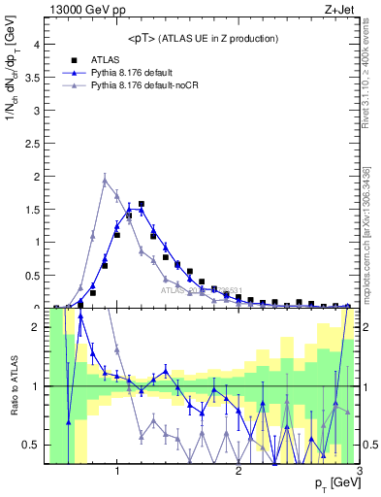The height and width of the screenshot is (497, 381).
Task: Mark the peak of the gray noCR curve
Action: pyautogui.click(x=105, y=179)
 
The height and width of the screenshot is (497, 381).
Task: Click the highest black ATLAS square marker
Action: pyautogui.click(x=142, y=205)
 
